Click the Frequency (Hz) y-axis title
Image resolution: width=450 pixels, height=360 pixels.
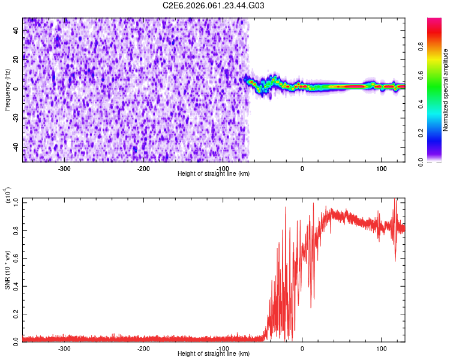7,90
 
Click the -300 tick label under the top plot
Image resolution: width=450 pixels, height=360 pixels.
64,169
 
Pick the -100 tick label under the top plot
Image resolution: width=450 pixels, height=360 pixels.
223,169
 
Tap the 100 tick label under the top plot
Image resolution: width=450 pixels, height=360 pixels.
381,169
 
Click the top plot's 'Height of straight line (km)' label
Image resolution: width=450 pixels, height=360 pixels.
214,174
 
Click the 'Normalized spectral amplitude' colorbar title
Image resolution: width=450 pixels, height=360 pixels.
445,90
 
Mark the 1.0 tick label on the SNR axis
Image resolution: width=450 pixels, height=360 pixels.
16,203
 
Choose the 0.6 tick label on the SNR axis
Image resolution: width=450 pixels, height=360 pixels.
16,259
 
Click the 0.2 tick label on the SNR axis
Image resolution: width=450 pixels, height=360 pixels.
16,313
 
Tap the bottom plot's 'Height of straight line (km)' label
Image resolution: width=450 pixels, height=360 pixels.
214,354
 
